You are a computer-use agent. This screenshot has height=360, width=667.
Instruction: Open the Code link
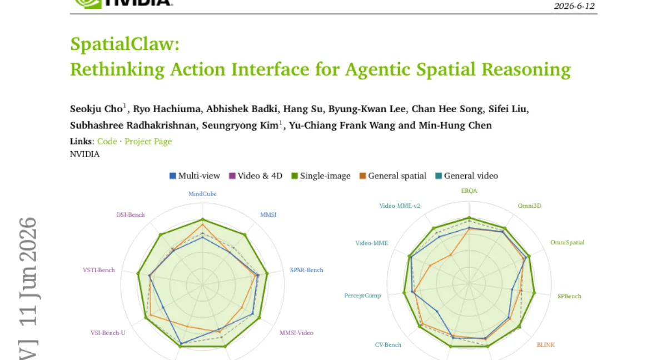(x=107, y=141)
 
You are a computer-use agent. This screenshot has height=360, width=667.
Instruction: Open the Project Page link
(x=148, y=142)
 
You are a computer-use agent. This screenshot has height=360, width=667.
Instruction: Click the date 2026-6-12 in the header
(x=574, y=6)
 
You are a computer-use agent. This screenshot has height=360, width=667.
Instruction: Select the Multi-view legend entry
(x=195, y=176)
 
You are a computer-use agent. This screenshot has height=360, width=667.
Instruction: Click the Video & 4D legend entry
(x=256, y=176)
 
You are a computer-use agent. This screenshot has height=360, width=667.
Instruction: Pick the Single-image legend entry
(x=321, y=176)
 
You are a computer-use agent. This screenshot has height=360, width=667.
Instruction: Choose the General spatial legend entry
(x=393, y=176)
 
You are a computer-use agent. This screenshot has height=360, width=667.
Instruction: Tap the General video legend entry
(x=466, y=176)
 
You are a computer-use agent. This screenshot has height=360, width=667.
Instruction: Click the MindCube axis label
(x=202, y=194)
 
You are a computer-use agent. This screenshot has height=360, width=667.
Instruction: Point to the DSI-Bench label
(x=131, y=214)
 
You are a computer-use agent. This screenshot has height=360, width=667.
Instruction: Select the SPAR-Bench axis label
(x=307, y=270)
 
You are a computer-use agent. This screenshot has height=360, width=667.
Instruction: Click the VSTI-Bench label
(x=98, y=270)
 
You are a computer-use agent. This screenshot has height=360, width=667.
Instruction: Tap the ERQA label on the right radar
(x=469, y=191)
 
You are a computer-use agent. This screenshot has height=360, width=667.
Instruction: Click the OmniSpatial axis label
(x=568, y=242)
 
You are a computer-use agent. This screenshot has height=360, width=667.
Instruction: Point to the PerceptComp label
(x=362, y=296)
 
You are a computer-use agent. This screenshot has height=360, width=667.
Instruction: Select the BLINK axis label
(x=545, y=344)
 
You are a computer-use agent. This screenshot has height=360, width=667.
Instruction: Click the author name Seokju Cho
(x=96, y=109)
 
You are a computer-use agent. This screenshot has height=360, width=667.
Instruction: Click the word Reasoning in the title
(x=526, y=69)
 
